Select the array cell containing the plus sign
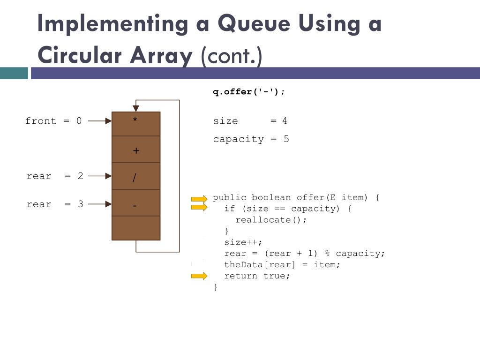(136, 150)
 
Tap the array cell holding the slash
(136, 176)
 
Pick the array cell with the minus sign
(136, 203)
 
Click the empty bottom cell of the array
(136, 228)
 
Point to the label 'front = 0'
(53, 121)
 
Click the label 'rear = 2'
(55, 176)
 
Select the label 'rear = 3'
(55, 204)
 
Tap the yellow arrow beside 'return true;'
(199, 276)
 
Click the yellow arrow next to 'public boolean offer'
(199, 199)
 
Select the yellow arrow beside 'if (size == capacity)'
(199, 207)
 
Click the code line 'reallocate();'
(271, 220)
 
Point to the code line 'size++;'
(243, 242)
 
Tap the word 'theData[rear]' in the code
(260, 265)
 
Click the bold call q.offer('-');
(249, 92)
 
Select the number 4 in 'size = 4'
(285, 121)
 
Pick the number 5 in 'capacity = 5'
(286, 139)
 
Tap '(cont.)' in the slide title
(232, 56)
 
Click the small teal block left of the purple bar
(14, 73)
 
